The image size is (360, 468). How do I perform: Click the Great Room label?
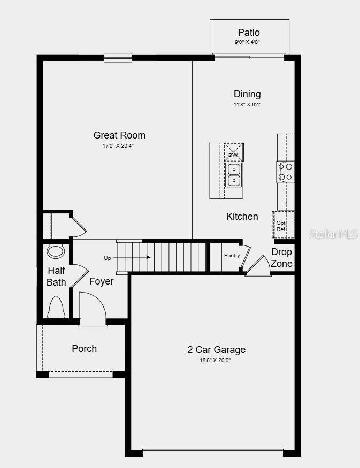[x=119, y=135]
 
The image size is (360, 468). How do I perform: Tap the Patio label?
[x=249, y=33]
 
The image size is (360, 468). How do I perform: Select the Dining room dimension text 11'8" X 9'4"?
[x=247, y=105]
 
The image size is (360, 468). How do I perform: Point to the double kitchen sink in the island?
[x=234, y=175]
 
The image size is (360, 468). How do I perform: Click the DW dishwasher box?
[x=233, y=153]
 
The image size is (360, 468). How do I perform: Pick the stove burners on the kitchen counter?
[x=285, y=172]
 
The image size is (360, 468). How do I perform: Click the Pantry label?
[x=232, y=256]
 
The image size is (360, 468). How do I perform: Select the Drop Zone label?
[x=281, y=257]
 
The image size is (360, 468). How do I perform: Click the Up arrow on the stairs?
[x=131, y=258]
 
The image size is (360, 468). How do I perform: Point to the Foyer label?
[x=101, y=281]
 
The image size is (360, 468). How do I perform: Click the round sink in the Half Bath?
[x=55, y=251]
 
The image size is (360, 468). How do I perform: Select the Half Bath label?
[x=56, y=276]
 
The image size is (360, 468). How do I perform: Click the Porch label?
[x=85, y=349]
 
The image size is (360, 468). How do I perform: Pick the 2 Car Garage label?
[x=216, y=350]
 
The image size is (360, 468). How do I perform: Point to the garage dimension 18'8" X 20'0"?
[x=216, y=360]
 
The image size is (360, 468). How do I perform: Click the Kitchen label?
[x=242, y=217]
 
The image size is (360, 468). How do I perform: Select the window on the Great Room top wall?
[x=118, y=57]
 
